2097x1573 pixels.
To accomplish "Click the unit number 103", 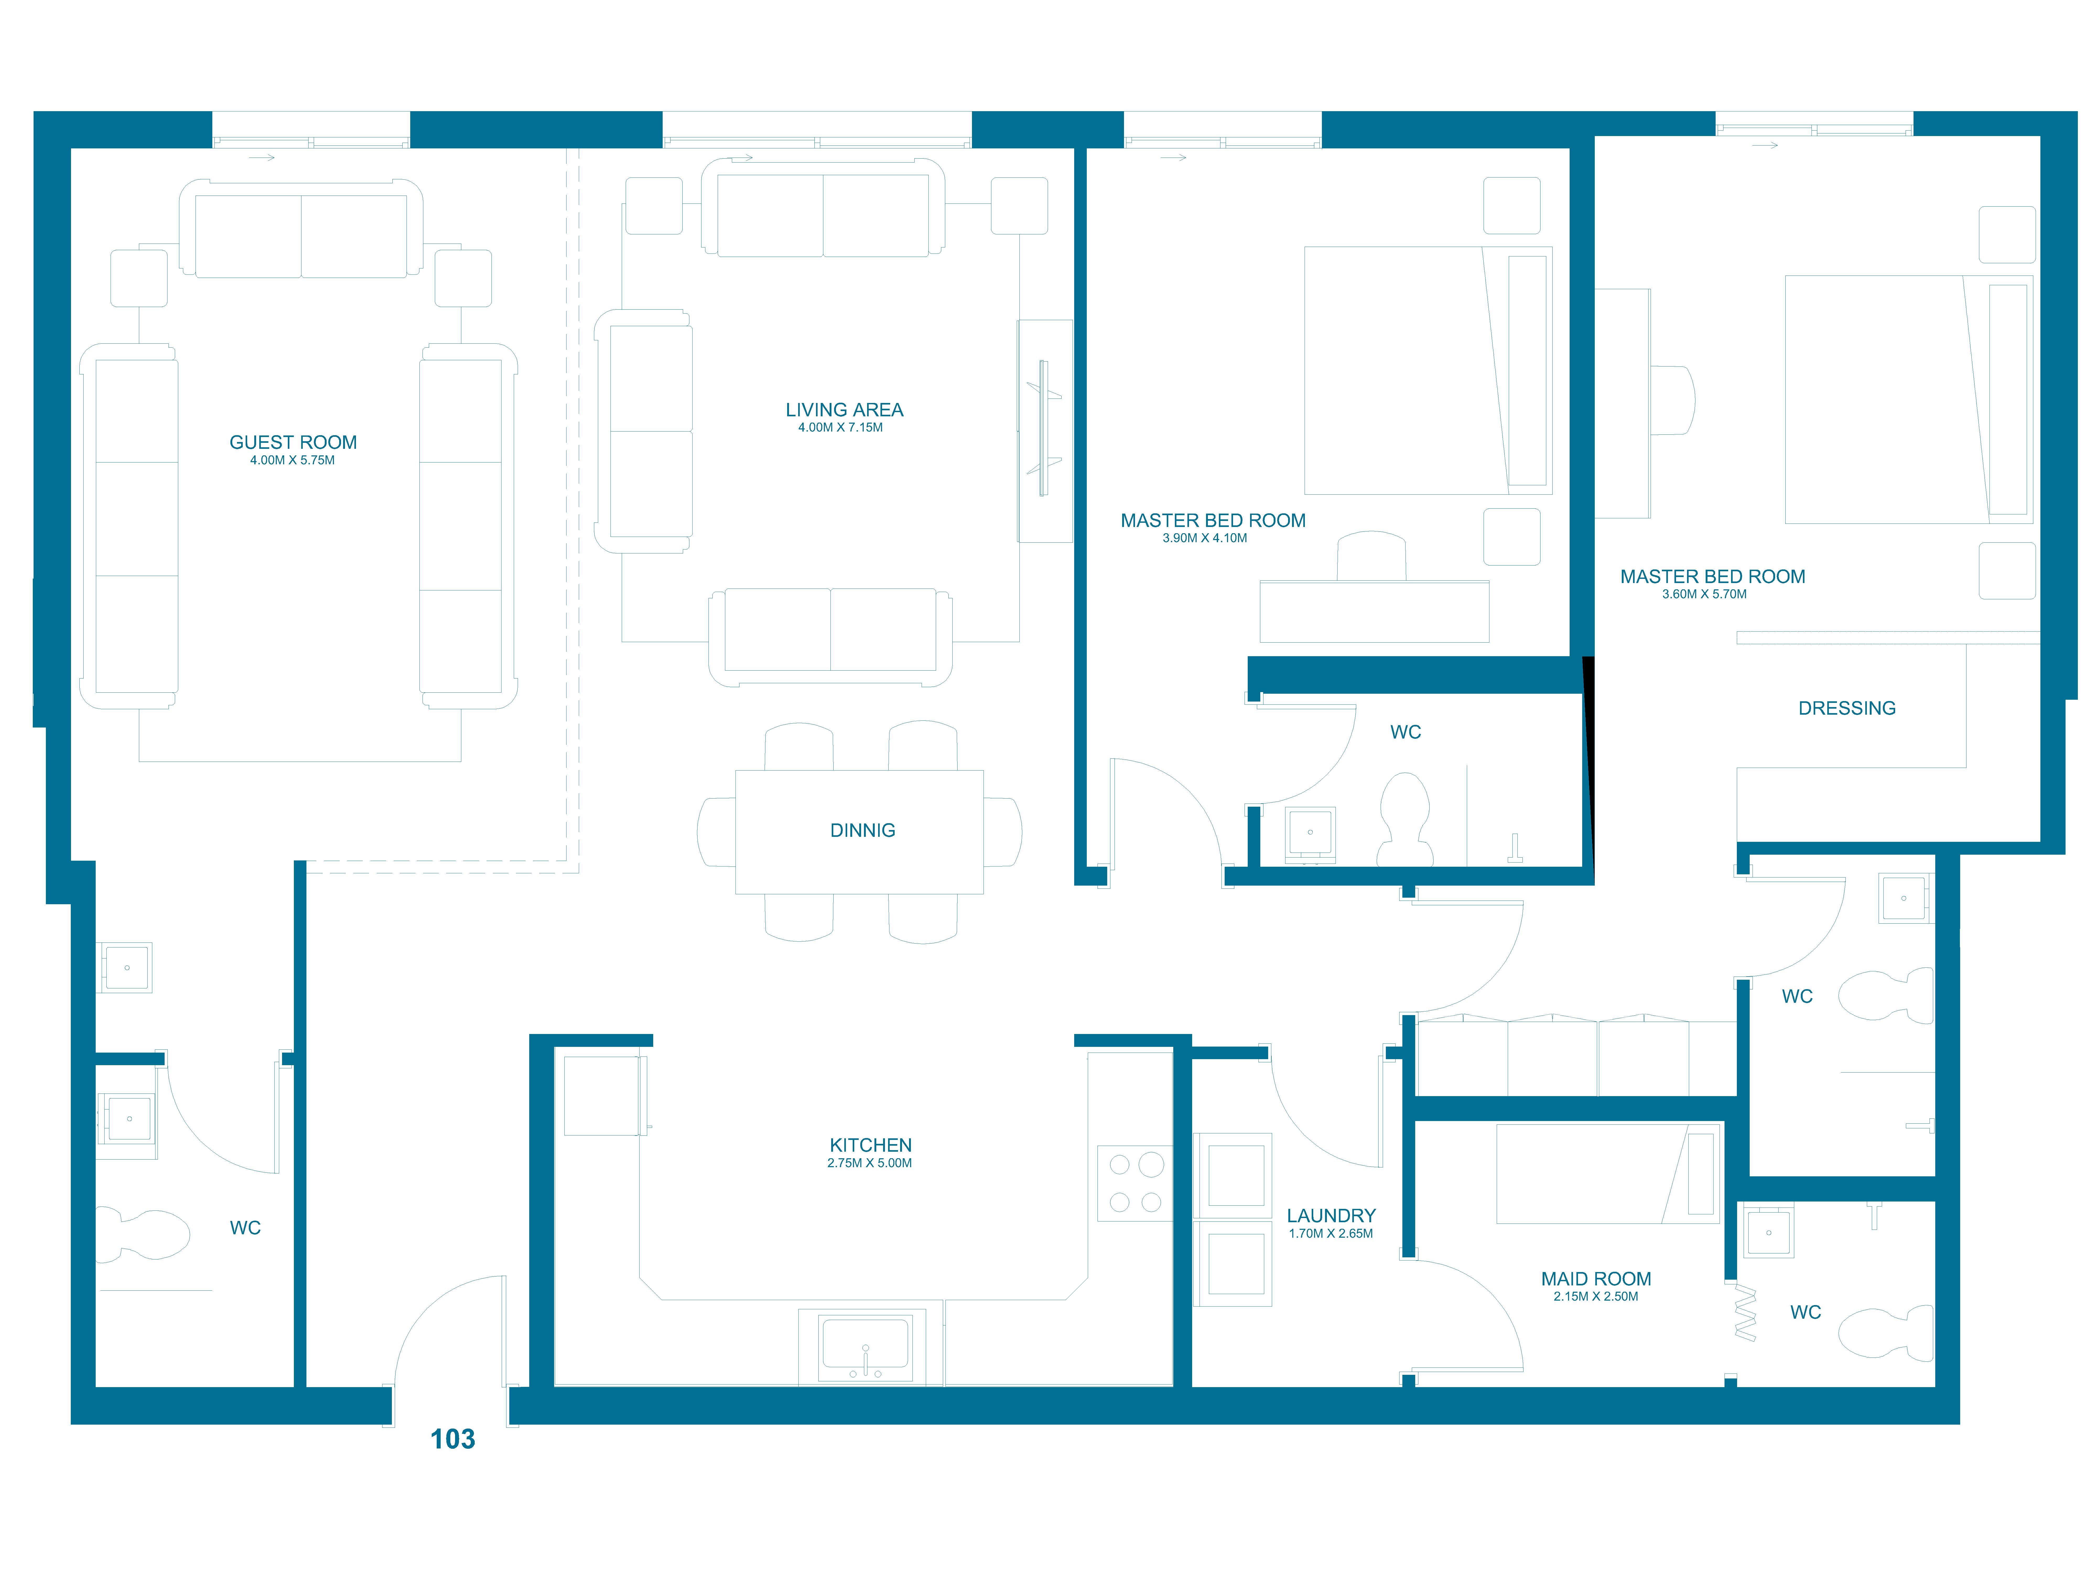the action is [x=452, y=1439].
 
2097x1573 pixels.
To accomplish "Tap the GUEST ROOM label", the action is [x=293, y=443].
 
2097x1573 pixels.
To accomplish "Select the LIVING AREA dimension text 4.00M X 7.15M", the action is [x=840, y=428].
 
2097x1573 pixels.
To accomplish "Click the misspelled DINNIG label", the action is [x=863, y=831].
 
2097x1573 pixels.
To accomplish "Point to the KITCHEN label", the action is [x=870, y=1145].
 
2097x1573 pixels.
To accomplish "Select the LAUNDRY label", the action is [x=1331, y=1216].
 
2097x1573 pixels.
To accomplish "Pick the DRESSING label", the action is [x=1847, y=708].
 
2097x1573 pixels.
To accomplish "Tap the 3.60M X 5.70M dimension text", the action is [x=1704, y=595].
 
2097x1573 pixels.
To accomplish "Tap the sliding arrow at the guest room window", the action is [x=262, y=157].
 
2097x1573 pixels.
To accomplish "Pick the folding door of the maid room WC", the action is [x=1744, y=1312].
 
